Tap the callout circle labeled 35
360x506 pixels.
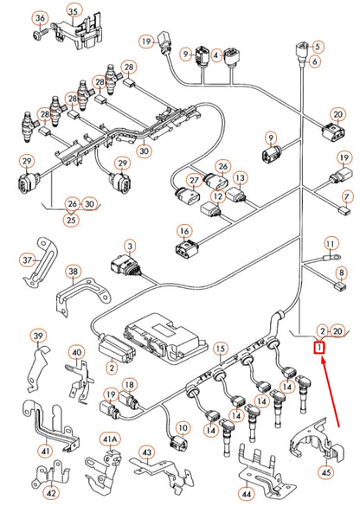[x=73, y=11]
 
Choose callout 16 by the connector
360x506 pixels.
[x=183, y=231]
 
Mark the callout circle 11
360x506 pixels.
[x=330, y=246]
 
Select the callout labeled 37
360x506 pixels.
[x=28, y=259]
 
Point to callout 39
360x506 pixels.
[x=37, y=336]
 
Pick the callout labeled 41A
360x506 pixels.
[x=108, y=439]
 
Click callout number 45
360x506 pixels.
[x=327, y=472]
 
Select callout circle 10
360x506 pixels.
[x=183, y=427]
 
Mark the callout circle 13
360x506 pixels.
[x=241, y=177]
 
